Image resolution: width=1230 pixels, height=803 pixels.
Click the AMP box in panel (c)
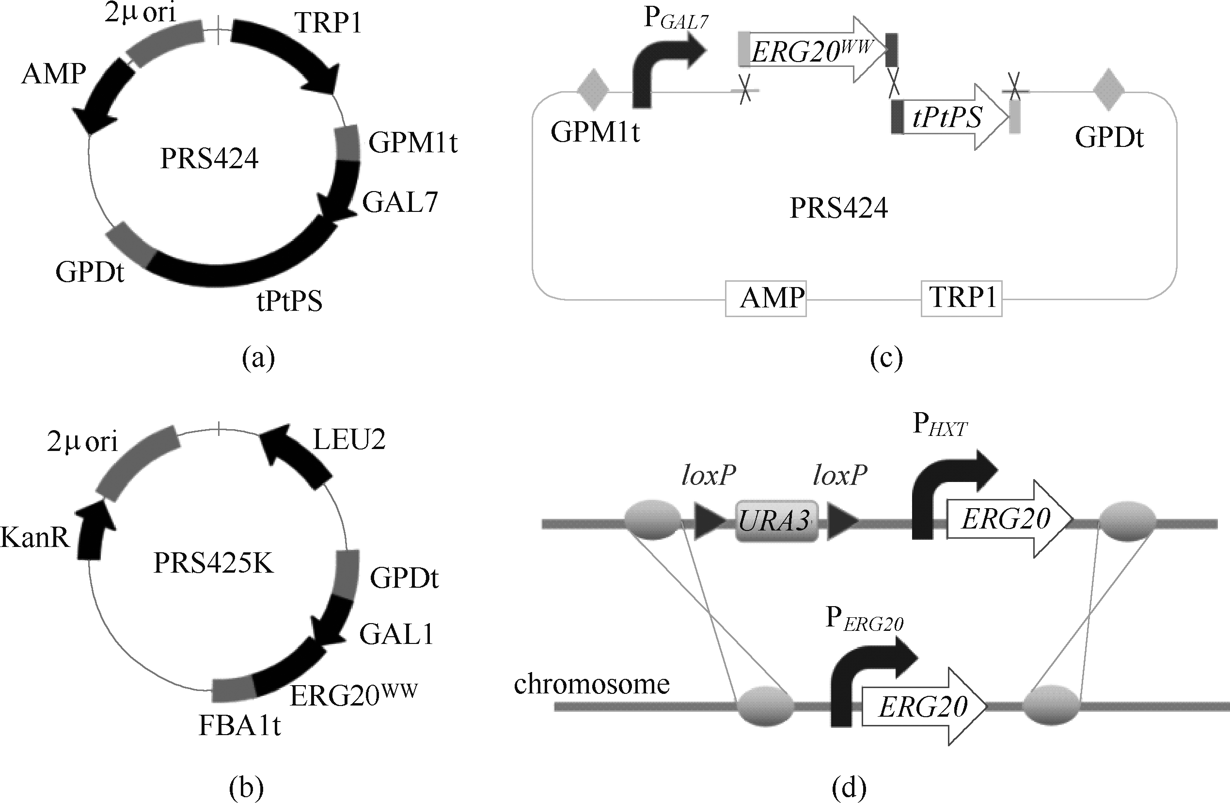click(765, 298)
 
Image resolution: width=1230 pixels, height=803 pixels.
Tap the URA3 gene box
click(776, 521)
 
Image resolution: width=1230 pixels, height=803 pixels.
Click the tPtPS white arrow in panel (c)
click(951, 117)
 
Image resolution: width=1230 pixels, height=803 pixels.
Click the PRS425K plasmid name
click(213, 563)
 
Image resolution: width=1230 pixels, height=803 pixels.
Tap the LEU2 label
click(349, 440)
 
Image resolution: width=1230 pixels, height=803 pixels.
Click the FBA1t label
click(240, 726)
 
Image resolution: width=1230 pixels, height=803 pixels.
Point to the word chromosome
click(592, 684)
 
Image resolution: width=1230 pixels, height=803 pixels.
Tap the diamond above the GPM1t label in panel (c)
click(593, 92)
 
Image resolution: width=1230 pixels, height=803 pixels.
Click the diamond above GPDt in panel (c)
click(1108, 92)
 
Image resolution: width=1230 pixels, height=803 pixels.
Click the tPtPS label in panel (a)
click(289, 301)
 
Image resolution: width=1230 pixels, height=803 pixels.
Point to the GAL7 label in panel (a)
click(400, 202)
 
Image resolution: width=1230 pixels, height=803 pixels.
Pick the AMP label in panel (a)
click(54, 74)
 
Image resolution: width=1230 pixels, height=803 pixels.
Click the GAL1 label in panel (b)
click(396, 634)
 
